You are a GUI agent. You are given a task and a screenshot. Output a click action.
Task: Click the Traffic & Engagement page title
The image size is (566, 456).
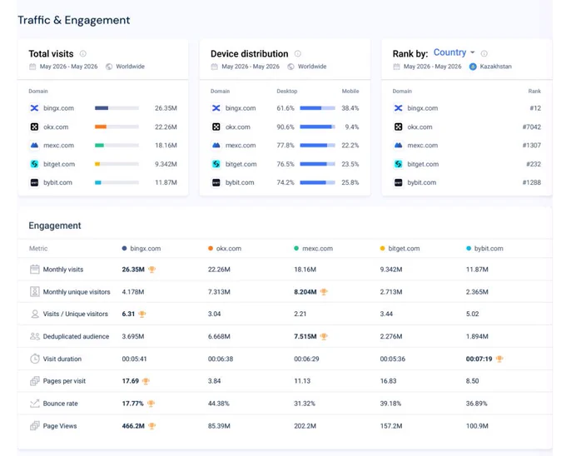[73, 20]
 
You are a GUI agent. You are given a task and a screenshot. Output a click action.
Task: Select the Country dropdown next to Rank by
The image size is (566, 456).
[454, 52]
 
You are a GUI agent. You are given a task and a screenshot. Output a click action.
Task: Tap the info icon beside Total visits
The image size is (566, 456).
[83, 54]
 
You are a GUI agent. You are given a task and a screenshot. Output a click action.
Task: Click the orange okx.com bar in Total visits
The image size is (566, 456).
[101, 126]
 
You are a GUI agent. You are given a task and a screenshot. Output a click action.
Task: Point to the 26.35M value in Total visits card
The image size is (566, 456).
[166, 108]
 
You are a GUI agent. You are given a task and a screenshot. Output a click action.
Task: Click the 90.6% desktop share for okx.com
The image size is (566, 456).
[285, 127]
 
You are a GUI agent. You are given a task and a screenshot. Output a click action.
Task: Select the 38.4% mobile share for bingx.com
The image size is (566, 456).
[350, 108]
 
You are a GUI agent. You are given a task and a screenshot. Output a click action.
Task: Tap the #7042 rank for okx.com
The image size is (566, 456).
[531, 127]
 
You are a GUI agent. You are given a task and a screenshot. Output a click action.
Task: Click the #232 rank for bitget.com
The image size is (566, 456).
[534, 164]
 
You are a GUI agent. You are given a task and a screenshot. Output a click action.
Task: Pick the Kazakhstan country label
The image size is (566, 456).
[495, 67]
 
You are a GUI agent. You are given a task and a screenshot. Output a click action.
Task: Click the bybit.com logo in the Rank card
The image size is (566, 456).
[398, 182]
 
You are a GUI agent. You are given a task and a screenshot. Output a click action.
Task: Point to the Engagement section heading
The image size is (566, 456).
[55, 226]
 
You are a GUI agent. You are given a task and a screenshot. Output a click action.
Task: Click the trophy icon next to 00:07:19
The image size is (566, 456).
[499, 359]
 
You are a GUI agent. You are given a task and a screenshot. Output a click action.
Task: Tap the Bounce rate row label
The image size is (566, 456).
[60, 404]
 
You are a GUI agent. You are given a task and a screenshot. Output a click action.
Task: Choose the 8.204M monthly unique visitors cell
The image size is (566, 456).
[305, 292]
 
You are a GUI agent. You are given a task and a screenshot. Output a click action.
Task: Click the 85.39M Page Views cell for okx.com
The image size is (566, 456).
[219, 426]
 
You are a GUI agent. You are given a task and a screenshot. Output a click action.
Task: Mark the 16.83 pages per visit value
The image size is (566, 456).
[388, 381]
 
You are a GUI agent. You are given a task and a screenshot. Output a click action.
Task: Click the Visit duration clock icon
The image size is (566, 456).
[35, 359]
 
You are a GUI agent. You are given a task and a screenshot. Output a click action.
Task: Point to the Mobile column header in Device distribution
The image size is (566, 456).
[350, 92]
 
